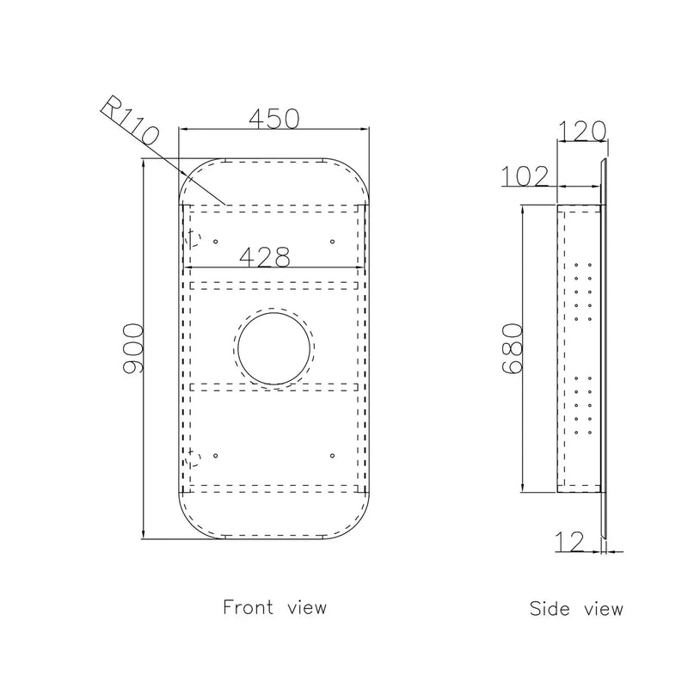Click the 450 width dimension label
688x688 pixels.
click(x=274, y=119)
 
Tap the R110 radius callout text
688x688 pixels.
click(x=130, y=120)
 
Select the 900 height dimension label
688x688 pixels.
click(x=133, y=349)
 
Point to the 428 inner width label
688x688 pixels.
click(x=265, y=256)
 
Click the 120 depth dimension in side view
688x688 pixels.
click(x=582, y=131)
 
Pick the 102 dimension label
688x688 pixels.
click(x=525, y=176)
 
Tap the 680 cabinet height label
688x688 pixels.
click(x=512, y=348)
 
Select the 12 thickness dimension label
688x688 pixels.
click(x=569, y=542)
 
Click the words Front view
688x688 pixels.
click(x=274, y=607)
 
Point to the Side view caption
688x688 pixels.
click(x=576, y=608)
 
